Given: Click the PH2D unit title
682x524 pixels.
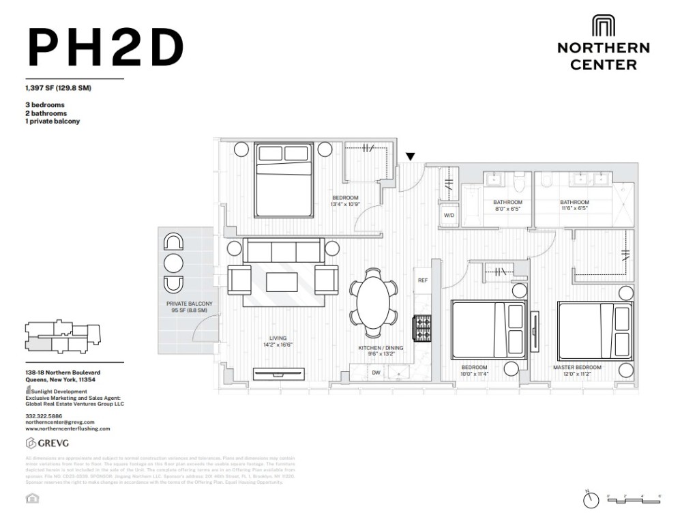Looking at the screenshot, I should click(x=106, y=48).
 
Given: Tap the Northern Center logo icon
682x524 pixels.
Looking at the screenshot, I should click(x=603, y=27).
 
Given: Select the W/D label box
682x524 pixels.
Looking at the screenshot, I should click(x=449, y=215).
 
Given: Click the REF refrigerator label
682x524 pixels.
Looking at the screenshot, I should click(x=423, y=280).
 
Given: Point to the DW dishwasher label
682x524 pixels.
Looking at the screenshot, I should click(x=376, y=373).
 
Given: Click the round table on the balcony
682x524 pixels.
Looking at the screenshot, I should click(x=174, y=263).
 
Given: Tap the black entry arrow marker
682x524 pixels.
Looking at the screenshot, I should click(x=410, y=157).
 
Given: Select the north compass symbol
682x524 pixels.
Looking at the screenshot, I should click(x=590, y=500).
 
